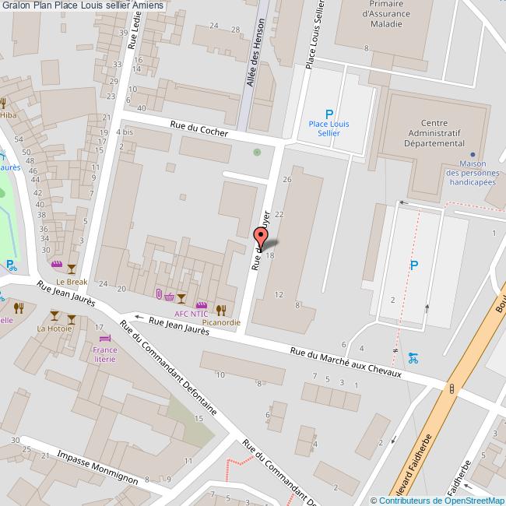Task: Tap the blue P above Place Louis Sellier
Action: click(x=329, y=113)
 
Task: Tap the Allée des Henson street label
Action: click(x=255, y=67)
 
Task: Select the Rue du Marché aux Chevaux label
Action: click(x=345, y=362)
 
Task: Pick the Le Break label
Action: click(x=72, y=282)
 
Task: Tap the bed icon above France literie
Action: click(x=105, y=338)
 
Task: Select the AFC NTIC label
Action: click(x=191, y=314)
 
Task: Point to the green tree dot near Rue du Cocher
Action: click(x=258, y=151)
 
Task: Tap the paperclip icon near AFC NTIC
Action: click(x=159, y=293)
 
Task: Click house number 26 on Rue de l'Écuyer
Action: click(x=287, y=180)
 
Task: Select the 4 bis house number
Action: click(x=125, y=132)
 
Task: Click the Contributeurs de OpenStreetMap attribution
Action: click(x=437, y=501)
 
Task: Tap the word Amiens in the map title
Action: click(x=148, y=5)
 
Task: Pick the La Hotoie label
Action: click(x=54, y=329)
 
